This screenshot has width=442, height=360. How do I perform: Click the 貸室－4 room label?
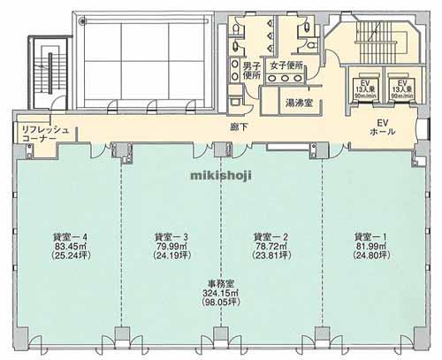tap(67, 236)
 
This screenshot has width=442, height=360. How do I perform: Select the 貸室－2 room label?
tap(270, 236)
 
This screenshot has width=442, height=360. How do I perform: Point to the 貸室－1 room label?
tap(370, 236)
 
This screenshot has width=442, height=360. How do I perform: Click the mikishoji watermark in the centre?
tap(221, 173)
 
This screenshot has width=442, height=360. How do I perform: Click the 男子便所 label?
tap(251, 71)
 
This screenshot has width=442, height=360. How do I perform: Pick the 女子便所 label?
tap(286, 65)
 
